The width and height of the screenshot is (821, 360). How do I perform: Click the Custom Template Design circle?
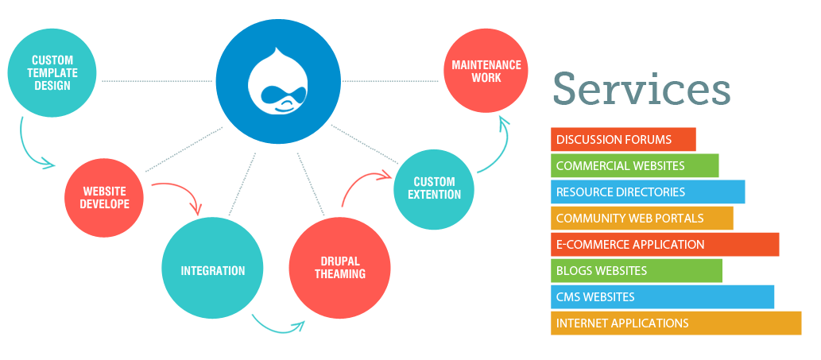52,72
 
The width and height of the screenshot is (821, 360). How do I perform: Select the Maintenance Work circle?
486,72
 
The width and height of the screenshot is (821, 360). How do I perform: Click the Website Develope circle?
105,197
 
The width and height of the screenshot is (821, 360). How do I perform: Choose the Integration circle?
212,270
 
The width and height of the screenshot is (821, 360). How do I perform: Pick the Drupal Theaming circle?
339,268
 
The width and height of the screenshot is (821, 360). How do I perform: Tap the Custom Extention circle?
435,188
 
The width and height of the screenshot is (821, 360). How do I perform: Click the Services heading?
641,87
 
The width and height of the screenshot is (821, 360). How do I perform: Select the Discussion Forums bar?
623,140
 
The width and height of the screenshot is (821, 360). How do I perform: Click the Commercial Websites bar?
634,166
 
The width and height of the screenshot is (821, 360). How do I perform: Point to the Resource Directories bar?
648,192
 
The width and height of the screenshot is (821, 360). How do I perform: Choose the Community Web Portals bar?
641,219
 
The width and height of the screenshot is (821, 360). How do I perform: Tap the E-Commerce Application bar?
664,245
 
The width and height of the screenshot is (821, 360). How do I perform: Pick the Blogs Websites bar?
636,271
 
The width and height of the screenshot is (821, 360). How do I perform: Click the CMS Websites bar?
662,297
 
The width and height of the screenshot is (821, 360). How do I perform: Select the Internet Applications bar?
676,323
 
